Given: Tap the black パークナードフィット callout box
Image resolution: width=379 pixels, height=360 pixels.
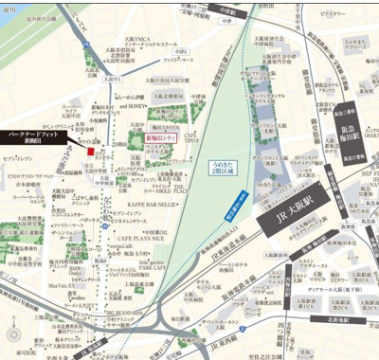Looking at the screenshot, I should click(35, 135).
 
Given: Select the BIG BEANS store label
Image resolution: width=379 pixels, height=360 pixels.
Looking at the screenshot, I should click(126, 297).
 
